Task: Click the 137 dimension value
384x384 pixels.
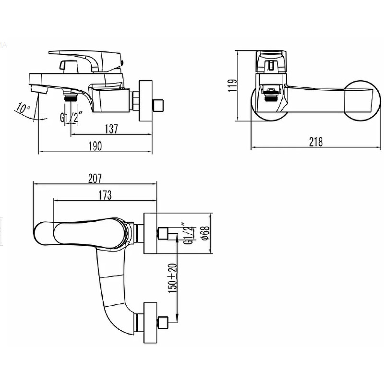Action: (111, 129)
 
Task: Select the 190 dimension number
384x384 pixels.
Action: (95, 146)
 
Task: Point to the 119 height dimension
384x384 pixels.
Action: (232, 85)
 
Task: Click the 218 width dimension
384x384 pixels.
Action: (316, 142)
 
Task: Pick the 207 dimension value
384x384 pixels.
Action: (95, 179)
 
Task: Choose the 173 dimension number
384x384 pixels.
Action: (105, 195)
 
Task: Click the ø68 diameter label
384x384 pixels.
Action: (205, 233)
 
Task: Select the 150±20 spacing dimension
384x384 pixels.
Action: (172, 278)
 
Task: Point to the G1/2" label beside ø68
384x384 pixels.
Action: (188, 233)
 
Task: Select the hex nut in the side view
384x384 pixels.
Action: (135, 100)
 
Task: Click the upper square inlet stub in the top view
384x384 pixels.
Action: (163, 233)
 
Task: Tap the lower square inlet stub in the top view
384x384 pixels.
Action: (163, 322)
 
